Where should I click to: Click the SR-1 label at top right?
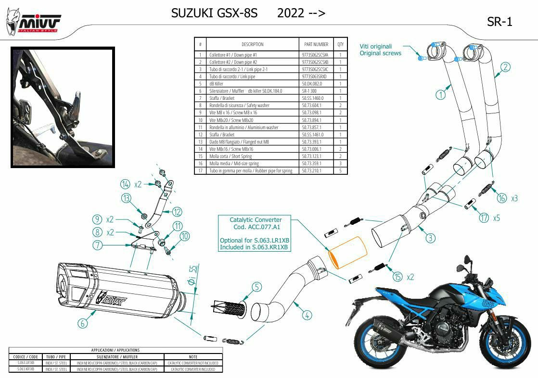click(500, 22)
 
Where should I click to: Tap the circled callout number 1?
click(440, 95)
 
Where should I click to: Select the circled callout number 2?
click(505, 67)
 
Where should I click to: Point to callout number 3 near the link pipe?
click(430, 237)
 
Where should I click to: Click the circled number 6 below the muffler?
click(83, 323)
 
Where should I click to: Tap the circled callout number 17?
click(484, 218)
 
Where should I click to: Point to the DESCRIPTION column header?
click(252, 44)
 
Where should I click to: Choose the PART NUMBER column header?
click(316, 44)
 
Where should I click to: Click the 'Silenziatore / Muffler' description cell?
click(227, 91)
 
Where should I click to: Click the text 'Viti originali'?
click(375, 47)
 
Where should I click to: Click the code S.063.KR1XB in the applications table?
click(26, 369)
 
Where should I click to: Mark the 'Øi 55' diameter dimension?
click(193, 276)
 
